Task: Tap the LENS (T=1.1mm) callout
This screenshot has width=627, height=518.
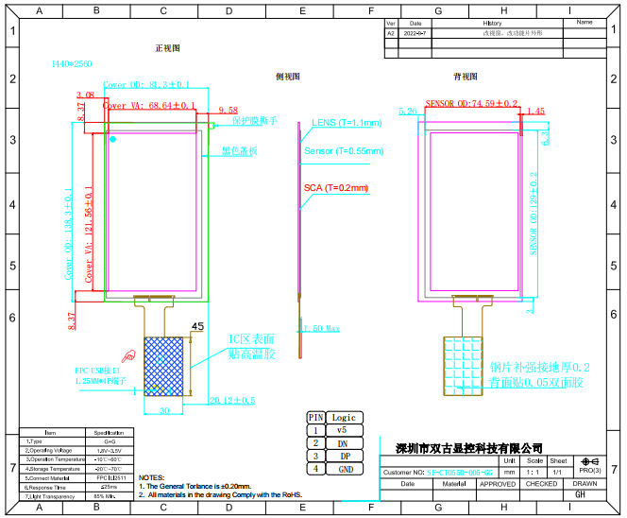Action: point(346,123)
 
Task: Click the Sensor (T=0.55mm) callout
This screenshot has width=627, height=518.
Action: point(344,151)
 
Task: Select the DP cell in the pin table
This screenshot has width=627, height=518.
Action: point(343,456)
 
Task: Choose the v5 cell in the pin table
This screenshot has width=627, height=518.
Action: point(343,430)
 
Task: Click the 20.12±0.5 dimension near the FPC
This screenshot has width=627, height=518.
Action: point(231,401)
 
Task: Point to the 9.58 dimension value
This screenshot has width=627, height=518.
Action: point(228,110)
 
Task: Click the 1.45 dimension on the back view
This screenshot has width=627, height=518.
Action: point(534,112)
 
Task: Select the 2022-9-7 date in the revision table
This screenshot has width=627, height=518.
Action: point(415,32)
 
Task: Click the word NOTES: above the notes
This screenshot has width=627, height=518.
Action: point(151,478)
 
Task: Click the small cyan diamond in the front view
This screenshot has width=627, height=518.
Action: point(113,139)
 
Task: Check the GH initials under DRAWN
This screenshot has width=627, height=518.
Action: point(580,494)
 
